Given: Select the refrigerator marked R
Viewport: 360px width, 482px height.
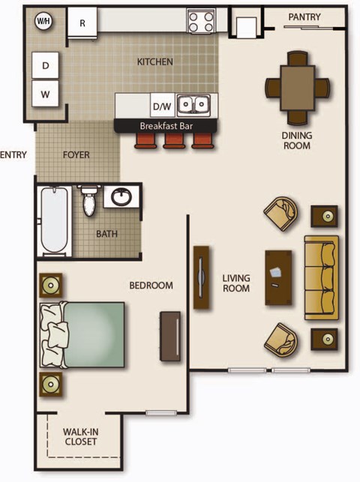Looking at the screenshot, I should tap(82, 23).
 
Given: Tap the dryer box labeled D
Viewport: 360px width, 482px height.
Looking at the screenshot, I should tap(46, 67).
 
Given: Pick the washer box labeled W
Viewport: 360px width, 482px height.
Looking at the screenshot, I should tap(46, 94).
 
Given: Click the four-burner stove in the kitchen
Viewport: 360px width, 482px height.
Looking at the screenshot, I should tap(200, 21).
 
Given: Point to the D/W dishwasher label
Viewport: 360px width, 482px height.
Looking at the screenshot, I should tap(161, 106).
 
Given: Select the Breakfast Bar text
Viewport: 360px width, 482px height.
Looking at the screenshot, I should tap(166, 126).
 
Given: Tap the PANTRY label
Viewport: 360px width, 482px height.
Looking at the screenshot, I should tap(304, 17).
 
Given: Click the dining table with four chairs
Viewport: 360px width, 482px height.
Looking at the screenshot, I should tap(298, 88).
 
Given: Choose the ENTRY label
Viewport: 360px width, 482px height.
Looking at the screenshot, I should tap(13, 155).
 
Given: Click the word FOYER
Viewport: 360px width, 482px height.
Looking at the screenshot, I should tap(76, 155).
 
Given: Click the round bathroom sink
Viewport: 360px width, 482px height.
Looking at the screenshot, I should tap(121, 198).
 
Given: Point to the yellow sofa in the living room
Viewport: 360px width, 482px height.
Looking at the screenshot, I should tap(321, 277).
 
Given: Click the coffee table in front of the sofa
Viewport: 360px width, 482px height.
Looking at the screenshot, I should tap(277, 277).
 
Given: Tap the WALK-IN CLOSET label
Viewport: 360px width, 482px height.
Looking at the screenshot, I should tap(79, 436).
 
